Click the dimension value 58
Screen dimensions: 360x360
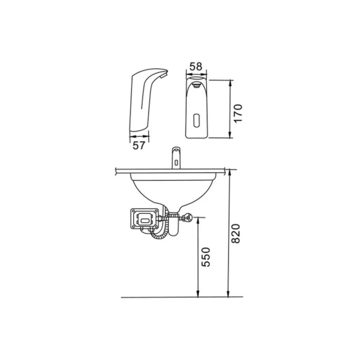click(196, 66)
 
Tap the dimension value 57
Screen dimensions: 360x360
click(139, 145)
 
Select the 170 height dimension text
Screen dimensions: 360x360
click(238, 114)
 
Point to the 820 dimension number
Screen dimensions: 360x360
click(235, 233)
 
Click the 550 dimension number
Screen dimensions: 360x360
click(206, 257)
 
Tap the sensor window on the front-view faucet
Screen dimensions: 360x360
click(197, 120)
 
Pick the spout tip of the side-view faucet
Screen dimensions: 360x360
click(164, 75)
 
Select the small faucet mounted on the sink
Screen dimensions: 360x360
click(176, 158)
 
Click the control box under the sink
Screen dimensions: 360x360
click(145, 219)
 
